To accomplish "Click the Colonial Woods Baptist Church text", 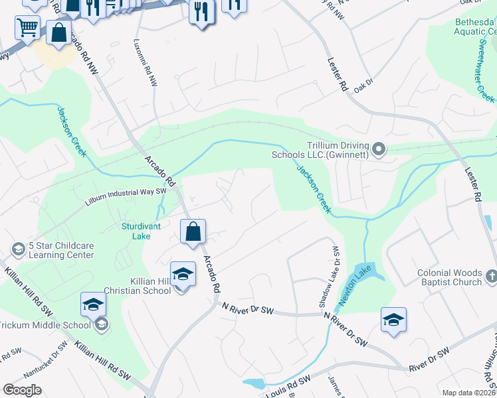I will click(x=449, y=277).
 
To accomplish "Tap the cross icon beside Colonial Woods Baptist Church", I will click(x=491, y=276).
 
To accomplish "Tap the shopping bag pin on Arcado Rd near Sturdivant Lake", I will click(x=193, y=232).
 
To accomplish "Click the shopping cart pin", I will click(x=27, y=28).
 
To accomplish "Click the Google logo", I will click(x=23, y=390).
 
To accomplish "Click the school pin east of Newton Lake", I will click(x=393, y=319).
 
